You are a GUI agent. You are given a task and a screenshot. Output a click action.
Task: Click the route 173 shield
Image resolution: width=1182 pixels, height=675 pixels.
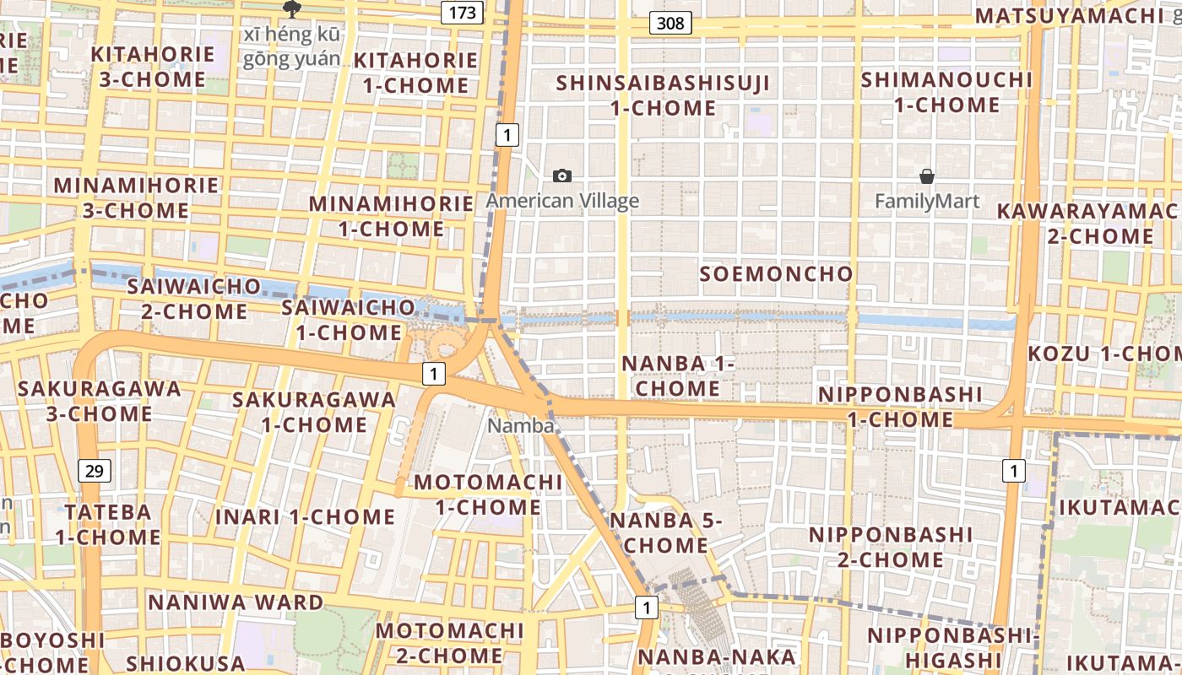pyautogui.click(x=462, y=13)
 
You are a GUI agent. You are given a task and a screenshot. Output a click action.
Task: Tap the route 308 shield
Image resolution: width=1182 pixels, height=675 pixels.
pyautogui.click(x=670, y=23)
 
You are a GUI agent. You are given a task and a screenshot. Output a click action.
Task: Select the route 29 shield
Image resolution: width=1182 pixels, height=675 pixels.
pyautogui.click(x=94, y=471)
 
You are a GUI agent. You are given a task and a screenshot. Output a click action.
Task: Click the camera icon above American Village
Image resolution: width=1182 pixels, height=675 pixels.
pyautogui.click(x=562, y=175)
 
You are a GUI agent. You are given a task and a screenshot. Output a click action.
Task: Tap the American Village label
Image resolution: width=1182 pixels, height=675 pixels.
pyautogui.click(x=562, y=201)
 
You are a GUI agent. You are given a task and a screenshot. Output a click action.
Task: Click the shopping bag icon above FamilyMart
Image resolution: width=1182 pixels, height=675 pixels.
pyautogui.click(x=927, y=176)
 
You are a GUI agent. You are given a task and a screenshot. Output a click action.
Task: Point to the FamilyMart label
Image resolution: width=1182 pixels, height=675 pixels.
pyautogui.click(x=927, y=201)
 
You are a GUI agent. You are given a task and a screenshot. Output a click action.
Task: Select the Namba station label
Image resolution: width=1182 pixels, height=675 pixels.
pyautogui.click(x=520, y=426)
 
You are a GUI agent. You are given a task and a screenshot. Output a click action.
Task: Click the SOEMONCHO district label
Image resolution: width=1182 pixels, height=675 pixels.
pyautogui.click(x=777, y=274)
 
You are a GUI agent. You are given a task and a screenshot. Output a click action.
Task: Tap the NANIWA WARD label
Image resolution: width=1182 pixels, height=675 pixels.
pyautogui.click(x=236, y=602)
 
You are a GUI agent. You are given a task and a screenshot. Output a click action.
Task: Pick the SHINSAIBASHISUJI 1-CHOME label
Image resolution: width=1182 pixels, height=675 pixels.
pyautogui.click(x=663, y=95)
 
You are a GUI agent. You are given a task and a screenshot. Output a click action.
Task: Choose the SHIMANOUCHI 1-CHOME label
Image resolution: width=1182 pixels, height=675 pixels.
pyautogui.click(x=946, y=92)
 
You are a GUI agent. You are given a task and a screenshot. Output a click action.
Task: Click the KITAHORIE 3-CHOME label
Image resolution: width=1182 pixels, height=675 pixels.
pyautogui.click(x=153, y=67)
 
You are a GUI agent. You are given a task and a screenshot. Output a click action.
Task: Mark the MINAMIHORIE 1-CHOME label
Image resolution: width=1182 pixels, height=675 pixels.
pyautogui.click(x=391, y=216)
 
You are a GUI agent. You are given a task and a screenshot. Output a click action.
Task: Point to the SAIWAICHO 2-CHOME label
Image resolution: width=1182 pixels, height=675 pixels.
pyautogui.click(x=187, y=299)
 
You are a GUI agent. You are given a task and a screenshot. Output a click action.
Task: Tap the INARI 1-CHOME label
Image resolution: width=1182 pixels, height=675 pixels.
pyautogui.click(x=305, y=516)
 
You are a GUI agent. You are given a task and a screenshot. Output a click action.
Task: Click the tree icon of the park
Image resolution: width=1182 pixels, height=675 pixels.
pyautogui.click(x=292, y=9)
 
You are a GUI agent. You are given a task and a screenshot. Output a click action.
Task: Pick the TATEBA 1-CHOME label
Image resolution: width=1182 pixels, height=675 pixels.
pyautogui.click(x=108, y=524)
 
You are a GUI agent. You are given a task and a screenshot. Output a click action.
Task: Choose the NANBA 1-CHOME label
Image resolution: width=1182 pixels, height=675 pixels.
pyautogui.click(x=679, y=375)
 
